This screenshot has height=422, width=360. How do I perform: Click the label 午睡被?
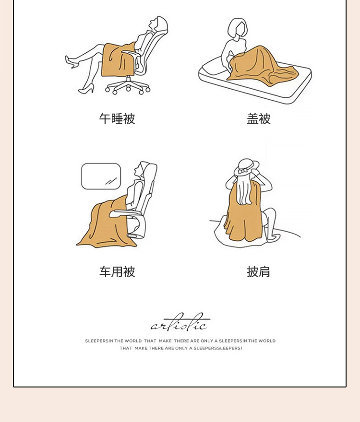click(x=117, y=119)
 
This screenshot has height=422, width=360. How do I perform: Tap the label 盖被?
click(x=258, y=119)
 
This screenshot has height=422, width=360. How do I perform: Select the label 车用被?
click(x=117, y=271)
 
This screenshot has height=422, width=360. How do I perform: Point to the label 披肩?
click(x=258, y=271)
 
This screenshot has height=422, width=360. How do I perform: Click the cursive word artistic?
click(x=180, y=323)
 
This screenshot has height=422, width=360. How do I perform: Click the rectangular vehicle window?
click(x=101, y=176)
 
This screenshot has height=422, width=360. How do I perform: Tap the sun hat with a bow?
click(x=247, y=167)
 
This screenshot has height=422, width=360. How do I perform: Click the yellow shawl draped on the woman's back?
click(x=242, y=212)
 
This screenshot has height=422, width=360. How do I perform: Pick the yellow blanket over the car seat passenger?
click(x=108, y=223)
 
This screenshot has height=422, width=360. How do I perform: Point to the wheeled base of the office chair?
click(x=128, y=86)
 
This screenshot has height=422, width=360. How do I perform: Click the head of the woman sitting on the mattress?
click(x=238, y=28)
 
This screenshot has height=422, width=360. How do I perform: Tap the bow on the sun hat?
click(x=243, y=171)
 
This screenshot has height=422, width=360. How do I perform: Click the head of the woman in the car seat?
click(x=143, y=170)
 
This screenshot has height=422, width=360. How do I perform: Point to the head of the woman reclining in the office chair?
click(x=157, y=23)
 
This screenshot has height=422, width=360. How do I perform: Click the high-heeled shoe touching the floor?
click(x=86, y=89)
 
